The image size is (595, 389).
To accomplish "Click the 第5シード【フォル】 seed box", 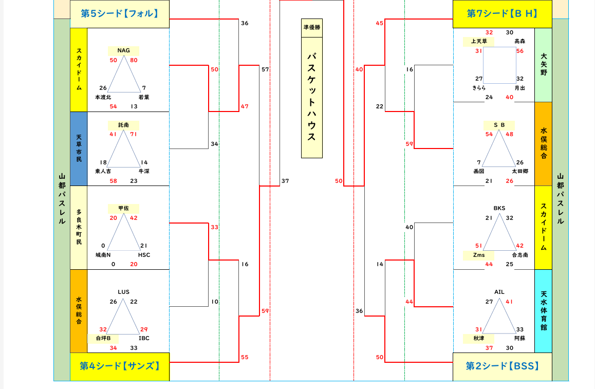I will (x=120, y=14).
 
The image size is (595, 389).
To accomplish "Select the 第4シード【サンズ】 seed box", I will (x=120, y=366).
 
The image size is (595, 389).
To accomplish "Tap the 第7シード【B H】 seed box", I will (x=502, y=14).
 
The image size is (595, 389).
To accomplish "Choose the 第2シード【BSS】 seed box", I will (x=502, y=366).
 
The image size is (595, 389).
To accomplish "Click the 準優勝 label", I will (x=311, y=28).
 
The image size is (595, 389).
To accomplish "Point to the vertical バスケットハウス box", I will (x=311, y=98).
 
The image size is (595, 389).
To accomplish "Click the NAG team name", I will (x=123, y=50).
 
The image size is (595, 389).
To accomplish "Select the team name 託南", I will (x=123, y=125).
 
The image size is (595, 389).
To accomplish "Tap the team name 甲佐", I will (x=123, y=208).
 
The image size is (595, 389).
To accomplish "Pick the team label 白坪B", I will (x=103, y=338).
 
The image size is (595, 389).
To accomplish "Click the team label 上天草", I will (x=478, y=41).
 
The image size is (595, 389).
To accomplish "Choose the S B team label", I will (x=499, y=125).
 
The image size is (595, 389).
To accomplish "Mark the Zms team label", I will (x=478, y=255).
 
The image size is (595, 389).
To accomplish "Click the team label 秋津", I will (x=478, y=338).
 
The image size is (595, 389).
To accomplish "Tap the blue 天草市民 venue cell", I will (x=79, y=149).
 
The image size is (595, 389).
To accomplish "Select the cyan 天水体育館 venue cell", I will (x=543, y=310).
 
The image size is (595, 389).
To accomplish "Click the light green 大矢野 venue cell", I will (x=543, y=65).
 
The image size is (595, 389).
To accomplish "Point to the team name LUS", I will (x=123, y=292).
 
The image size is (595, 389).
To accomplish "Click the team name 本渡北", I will (x=103, y=97).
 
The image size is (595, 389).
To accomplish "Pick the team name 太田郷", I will (x=519, y=171).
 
